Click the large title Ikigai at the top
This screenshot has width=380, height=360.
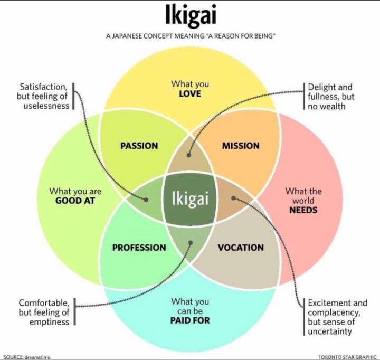pyautogui.click(x=189, y=16)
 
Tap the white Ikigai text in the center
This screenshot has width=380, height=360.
pyautogui.click(x=190, y=198)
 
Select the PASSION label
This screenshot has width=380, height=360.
pyautogui.click(x=139, y=146)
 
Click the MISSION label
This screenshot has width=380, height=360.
pyautogui.click(x=240, y=146)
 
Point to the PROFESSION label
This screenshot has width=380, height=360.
pyautogui.click(x=139, y=247)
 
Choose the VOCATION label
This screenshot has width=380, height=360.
pyautogui.click(x=241, y=247)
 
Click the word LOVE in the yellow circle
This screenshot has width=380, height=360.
pyautogui.click(x=190, y=94)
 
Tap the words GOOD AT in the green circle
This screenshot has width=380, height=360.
pyautogui.click(x=75, y=201)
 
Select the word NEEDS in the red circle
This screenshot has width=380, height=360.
pyautogui.click(x=303, y=210)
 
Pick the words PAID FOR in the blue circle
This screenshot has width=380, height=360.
pyautogui.click(x=190, y=320)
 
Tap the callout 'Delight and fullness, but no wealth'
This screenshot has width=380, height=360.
pyautogui.click(x=331, y=97)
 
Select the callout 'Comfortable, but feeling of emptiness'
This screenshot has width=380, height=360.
pyautogui.click(x=44, y=312)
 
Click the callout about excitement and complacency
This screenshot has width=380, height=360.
pyautogui.click(x=337, y=317)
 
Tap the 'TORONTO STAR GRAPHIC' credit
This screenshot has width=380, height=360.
pyautogui.click(x=347, y=357)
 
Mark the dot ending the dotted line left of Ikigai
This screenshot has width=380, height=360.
pyautogui.click(x=148, y=198)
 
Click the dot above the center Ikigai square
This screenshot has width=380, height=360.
pyautogui.click(x=190, y=156)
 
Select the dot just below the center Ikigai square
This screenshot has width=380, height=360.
pyautogui.click(x=190, y=243)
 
